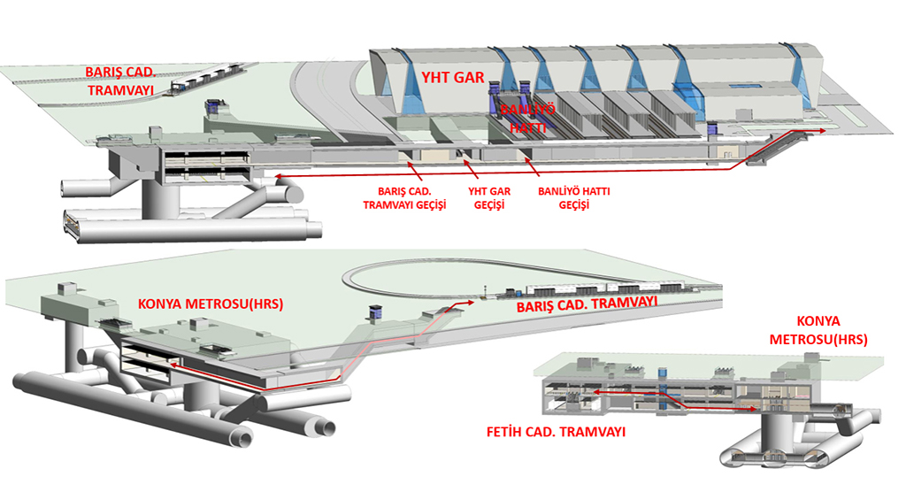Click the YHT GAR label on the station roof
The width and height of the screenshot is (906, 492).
click(x=452, y=78)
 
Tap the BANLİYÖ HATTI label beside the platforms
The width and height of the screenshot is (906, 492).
click(x=527, y=119)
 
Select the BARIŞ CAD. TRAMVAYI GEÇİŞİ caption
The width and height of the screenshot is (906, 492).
click(x=404, y=197)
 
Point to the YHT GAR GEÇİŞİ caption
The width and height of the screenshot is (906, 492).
click(x=489, y=197)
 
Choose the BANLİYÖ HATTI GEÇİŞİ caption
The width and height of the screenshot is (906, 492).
click(x=573, y=197)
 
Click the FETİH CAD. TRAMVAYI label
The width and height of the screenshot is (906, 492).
click(x=556, y=432)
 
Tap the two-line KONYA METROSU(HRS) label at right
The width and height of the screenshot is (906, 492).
click(x=818, y=330)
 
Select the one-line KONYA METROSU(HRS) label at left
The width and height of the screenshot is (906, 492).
click(x=211, y=304)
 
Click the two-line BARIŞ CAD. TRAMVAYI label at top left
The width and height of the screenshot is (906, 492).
click(x=119, y=81)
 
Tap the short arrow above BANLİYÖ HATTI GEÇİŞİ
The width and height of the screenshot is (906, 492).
click(x=532, y=166)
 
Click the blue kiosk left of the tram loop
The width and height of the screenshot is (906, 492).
click(x=374, y=312)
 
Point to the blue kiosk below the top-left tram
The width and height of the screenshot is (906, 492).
click(x=216, y=106)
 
